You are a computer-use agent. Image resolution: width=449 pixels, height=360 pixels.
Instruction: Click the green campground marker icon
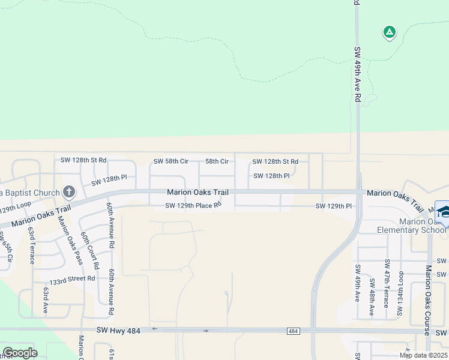point(389,32)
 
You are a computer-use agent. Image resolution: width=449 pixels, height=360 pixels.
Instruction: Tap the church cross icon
point(69,193)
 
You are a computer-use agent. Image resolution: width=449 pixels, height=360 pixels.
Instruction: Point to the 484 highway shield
point(293,331)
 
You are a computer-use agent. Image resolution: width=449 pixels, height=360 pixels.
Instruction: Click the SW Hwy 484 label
point(118,330)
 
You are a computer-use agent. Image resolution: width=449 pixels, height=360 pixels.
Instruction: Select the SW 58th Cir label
point(171,161)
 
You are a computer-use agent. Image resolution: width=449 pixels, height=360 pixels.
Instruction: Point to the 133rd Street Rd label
point(72,278)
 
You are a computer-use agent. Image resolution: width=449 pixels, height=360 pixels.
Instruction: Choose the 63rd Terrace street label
point(32,244)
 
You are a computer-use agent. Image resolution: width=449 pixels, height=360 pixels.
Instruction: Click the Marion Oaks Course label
point(428,300)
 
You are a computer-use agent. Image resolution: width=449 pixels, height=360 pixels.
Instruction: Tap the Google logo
point(20,353)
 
